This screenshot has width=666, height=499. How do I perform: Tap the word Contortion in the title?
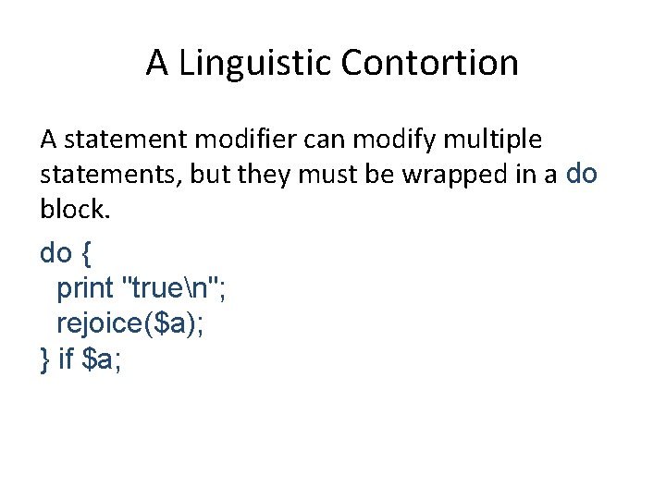pos(429,64)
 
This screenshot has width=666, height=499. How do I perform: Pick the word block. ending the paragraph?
pos(74,211)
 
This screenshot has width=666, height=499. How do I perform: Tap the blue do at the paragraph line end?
pos(581,174)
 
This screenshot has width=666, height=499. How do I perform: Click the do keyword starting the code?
pos(57,252)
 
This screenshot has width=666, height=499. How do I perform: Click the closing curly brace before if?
pos(44,359)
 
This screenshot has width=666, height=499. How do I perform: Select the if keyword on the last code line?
pos(65,359)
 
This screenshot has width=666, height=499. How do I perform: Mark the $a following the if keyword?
pos(101,359)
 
